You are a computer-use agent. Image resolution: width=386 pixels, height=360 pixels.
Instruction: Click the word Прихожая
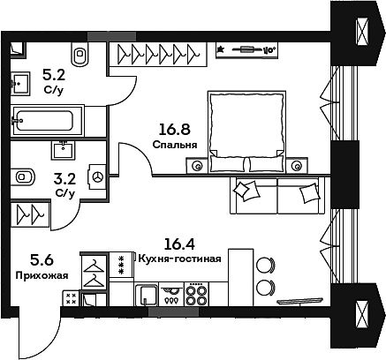(x=42, y=275)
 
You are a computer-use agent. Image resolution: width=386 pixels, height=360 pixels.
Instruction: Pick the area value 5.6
(x=41, y=259)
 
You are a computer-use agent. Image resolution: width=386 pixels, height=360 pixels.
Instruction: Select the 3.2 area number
(x=64, y=177)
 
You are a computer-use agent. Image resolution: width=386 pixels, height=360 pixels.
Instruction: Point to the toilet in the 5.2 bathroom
(x=82, y=54)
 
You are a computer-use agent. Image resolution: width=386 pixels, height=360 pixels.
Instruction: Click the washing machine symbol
(x=98, y=177)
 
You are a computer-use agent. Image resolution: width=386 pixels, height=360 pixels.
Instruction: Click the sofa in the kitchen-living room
(x=267, y=195)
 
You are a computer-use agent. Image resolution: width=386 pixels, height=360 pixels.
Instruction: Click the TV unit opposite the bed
(x=253, y=49)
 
